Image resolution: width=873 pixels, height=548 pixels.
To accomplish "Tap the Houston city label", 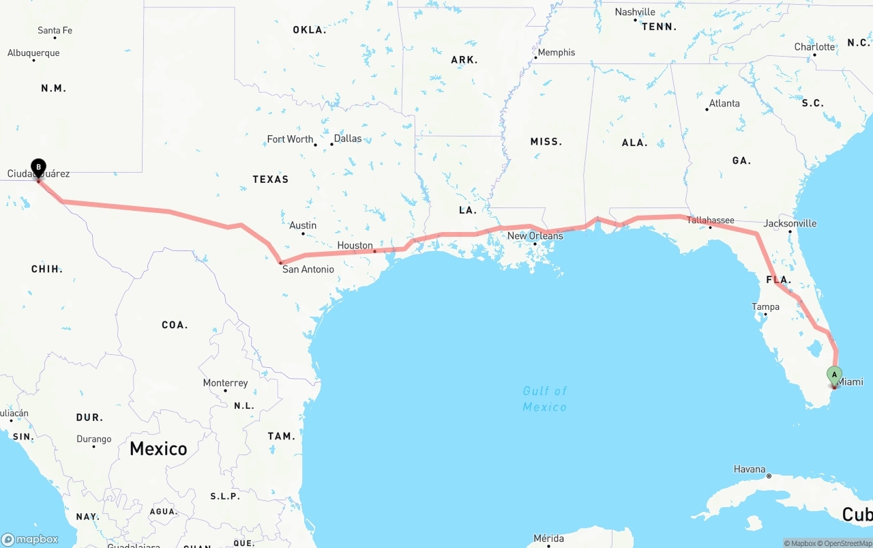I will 355,246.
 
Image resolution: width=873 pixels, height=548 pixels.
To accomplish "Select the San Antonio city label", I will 308,270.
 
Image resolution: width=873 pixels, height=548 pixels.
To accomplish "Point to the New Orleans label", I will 535,236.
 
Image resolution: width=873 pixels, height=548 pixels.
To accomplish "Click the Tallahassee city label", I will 710,220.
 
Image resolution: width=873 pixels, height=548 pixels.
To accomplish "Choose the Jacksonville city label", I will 790,223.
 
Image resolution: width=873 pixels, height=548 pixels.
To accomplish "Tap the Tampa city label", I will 765,307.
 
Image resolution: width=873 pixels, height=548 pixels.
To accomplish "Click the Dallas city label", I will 348,139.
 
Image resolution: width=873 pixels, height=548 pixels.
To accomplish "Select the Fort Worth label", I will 290,139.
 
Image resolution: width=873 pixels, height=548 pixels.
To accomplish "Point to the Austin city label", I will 303,225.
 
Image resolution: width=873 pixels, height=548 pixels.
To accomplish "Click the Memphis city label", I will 556,53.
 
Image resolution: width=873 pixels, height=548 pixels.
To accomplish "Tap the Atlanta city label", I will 724,104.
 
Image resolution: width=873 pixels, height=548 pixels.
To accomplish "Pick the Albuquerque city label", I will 33,53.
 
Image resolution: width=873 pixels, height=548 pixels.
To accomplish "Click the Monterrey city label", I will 225,383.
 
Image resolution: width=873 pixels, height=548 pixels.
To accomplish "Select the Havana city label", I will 750,469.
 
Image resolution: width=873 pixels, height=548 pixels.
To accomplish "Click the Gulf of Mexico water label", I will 545,399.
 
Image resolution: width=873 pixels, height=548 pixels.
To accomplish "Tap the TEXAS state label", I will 271,179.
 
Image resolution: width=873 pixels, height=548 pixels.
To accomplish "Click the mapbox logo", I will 30,539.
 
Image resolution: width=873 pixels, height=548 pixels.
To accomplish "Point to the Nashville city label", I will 635,12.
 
